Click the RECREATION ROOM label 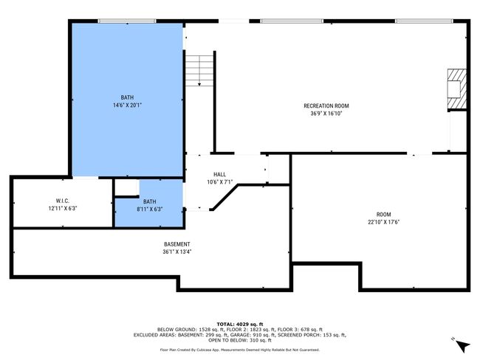326,105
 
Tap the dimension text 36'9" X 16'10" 326,114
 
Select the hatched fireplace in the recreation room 457,89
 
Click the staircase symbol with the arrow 199,71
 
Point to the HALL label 219,174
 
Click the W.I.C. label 63,201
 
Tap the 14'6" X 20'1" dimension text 127,105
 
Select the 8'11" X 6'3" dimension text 149,210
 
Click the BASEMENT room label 177,244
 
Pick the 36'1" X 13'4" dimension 177,252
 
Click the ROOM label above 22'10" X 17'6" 383,215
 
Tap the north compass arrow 462,346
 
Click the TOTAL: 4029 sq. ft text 240,324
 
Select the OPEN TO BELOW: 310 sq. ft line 240,340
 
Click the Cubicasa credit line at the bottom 240,350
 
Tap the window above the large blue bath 127,21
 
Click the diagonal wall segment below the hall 225,198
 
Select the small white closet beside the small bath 126,187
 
